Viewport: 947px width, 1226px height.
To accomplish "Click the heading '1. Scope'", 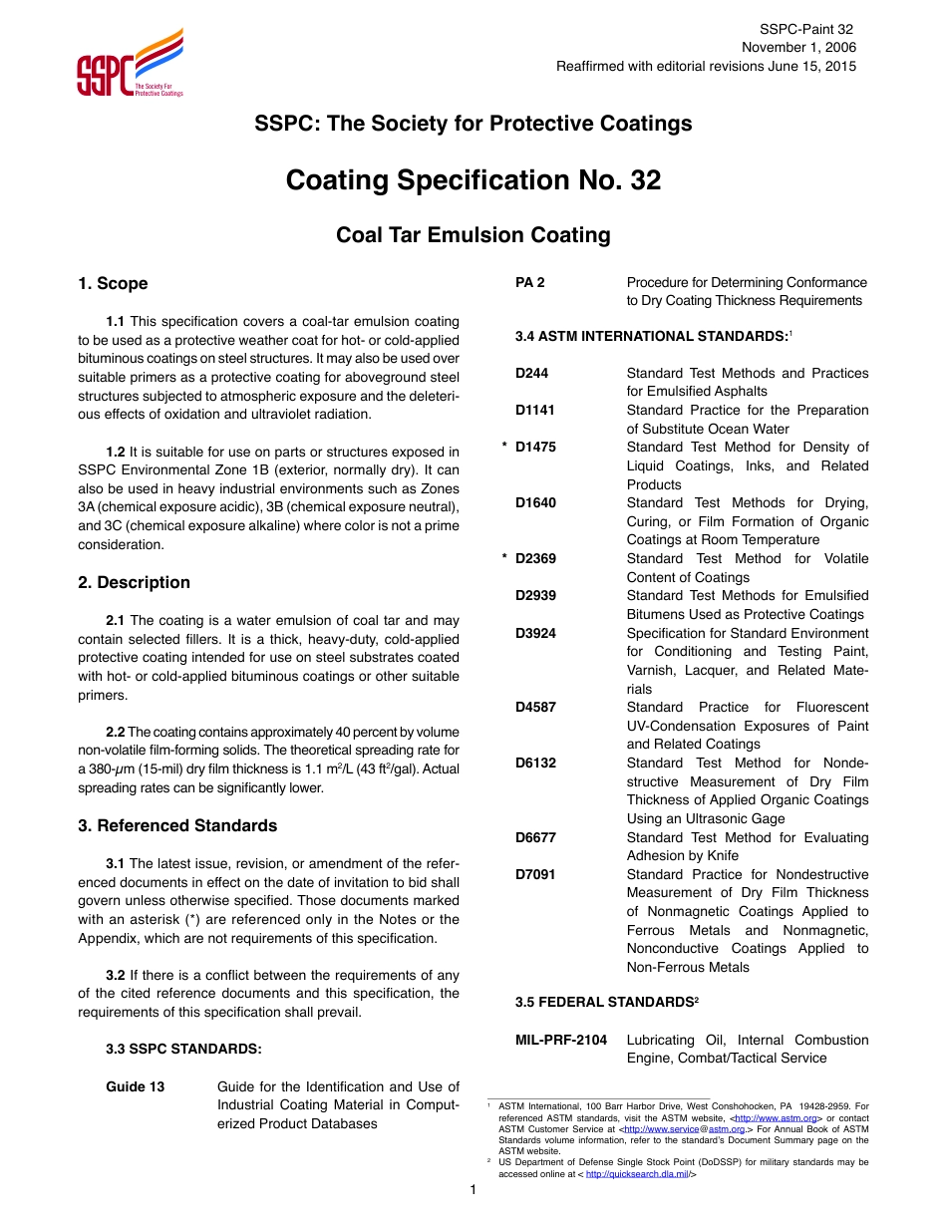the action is coord(113,284).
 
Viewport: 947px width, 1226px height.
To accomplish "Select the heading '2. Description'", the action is coord(134,583).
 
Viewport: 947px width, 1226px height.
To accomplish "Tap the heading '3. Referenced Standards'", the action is coord(177,826).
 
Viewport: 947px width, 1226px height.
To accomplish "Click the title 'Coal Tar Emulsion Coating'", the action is coord(473,235).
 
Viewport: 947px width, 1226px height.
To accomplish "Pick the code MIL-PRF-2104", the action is coord(560,1041).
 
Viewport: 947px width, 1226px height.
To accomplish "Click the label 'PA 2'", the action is coord(529,283).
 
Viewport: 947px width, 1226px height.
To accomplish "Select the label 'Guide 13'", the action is coord(135,1087).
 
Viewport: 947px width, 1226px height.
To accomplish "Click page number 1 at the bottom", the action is coord(473,1191).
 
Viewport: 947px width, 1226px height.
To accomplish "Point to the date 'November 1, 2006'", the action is coord(797,48).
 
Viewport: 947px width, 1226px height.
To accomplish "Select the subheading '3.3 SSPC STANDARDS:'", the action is coord(183,1050).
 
